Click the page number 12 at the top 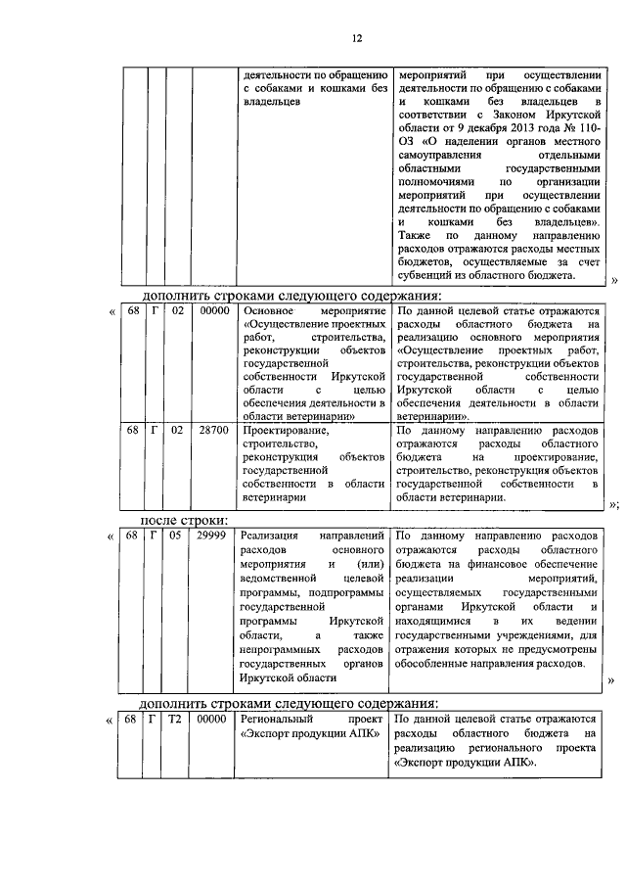358,38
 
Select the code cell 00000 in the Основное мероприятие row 211,311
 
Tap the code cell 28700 211,430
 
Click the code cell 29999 211,537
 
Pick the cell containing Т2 175,720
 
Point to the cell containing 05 175,537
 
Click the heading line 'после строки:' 185,520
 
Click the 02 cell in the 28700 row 175,430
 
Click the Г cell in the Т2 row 155,720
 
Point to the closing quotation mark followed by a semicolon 613,505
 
